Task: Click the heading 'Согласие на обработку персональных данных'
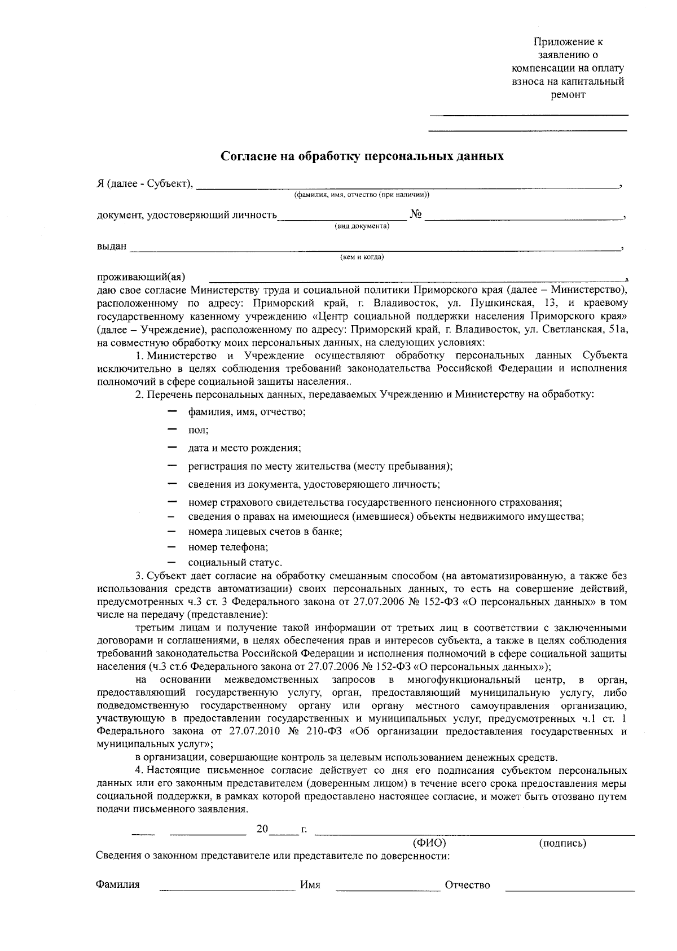pos(362,156)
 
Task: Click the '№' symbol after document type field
pos(416,215)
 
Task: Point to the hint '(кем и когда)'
pos(362,257)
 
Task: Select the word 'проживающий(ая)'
pos(141,278)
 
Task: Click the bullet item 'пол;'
pos(199,430)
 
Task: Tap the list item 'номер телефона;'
pos(228,547)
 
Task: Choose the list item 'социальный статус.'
pos(235,563)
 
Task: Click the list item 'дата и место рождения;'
pos(244,448)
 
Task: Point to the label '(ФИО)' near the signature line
pos(429,843)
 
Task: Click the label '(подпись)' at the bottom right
pos(562,843)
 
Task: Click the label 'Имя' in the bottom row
pos(310,885)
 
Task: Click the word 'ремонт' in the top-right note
pos(568,95)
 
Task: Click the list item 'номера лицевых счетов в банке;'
pos(266,532)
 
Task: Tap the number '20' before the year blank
pos(262,829)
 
